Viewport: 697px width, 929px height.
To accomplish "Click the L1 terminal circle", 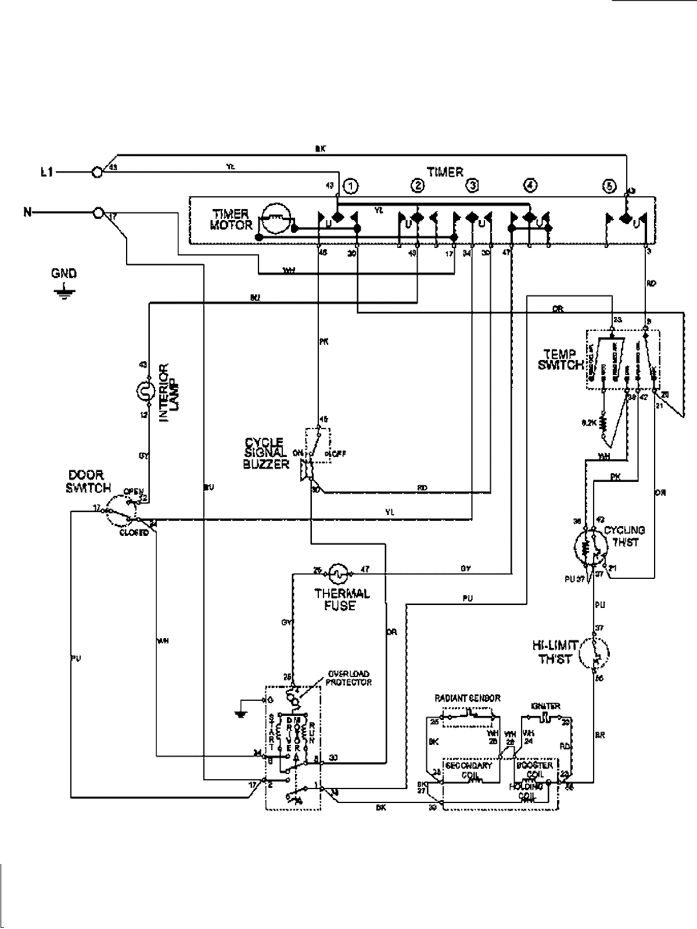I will point(98,172).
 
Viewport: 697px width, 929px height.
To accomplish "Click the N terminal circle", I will point(98,213).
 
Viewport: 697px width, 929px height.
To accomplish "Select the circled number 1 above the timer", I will point(350,186).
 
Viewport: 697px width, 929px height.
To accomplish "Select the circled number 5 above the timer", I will point(608,186).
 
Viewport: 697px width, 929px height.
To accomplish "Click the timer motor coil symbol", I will point(275,219).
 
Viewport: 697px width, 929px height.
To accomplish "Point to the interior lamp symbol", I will point(142,392).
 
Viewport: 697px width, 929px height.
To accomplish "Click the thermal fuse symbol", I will point(338,574).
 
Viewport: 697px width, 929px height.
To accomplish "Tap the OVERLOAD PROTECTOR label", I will point(348,678).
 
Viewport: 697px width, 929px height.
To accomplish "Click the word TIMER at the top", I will point(445,172).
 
